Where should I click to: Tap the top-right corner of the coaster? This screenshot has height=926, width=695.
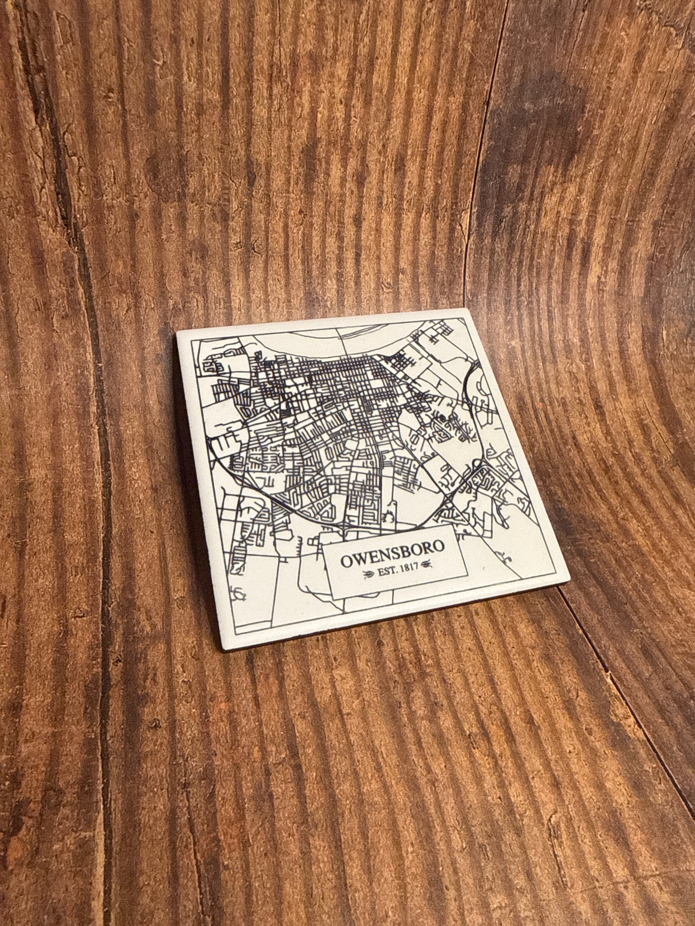466,309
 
